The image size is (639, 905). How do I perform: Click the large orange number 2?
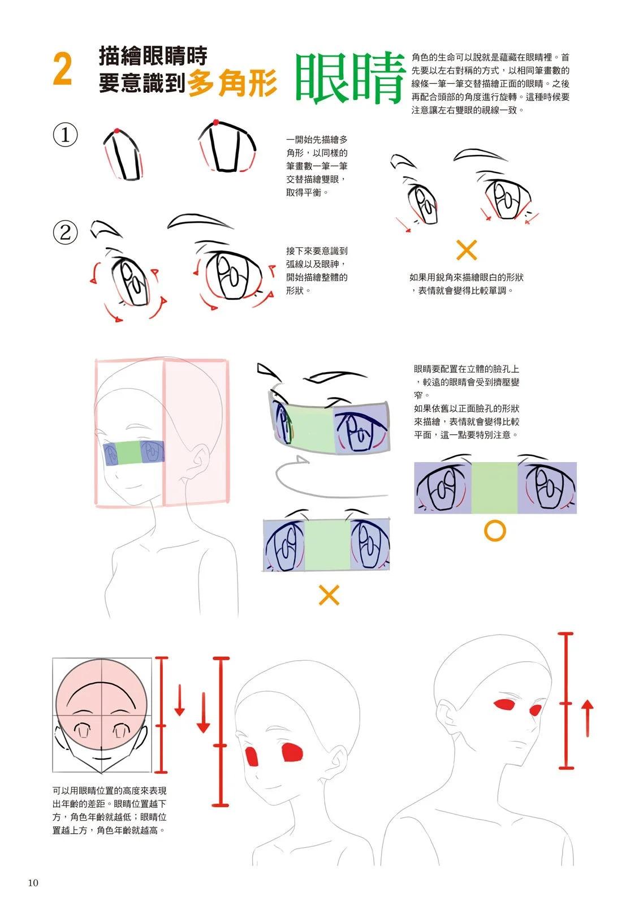coord(62,69)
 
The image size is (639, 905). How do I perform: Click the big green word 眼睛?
coord(350,77)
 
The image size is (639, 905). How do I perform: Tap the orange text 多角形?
coord(232,83)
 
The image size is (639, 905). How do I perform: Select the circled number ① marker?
coord(66,135)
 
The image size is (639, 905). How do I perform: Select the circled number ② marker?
coord(66,232)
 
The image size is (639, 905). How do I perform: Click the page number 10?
coord(33,883)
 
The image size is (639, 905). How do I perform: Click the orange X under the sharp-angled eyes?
coord(467,250)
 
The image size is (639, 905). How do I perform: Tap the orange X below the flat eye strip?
coord(329,594)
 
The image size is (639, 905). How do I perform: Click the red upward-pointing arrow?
coord(588,718)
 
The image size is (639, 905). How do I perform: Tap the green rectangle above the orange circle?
coord(494,488)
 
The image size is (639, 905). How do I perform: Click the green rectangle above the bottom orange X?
coord(327,545)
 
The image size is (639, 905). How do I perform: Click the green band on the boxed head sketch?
coord(128,453)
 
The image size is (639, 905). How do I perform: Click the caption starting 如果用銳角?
coord(466,284)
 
